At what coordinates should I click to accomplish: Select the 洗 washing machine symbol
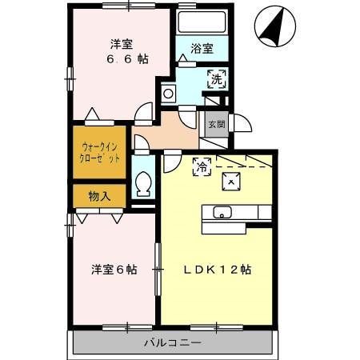[216, 78]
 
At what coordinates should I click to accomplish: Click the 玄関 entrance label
[216, 124]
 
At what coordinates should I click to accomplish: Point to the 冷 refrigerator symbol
[202, 166]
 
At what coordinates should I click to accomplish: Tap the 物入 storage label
[99, 194]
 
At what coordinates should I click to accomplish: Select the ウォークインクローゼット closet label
[100, 153]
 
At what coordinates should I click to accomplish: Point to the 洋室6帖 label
[113, 270]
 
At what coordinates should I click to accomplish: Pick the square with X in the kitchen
[231, 182]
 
